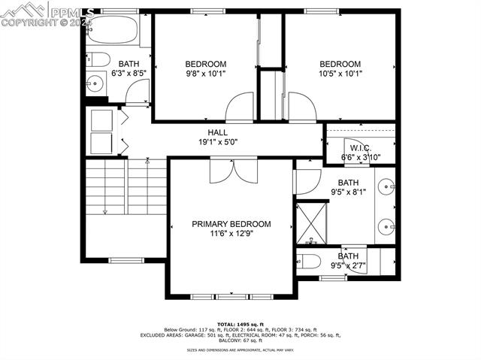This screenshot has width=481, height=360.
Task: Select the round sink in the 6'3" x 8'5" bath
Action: (95, 83)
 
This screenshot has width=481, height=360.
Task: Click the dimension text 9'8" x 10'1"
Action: (205, 74)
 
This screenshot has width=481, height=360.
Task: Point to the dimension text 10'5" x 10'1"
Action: (340, 74)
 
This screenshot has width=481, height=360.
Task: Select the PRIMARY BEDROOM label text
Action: (231, 224)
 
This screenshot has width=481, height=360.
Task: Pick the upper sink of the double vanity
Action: (386, 185)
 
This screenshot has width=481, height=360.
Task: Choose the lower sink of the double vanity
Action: (386, 225)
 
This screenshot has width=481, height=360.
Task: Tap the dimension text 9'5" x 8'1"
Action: (348, 192)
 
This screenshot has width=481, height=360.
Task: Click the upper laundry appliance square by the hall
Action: (101, 120)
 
